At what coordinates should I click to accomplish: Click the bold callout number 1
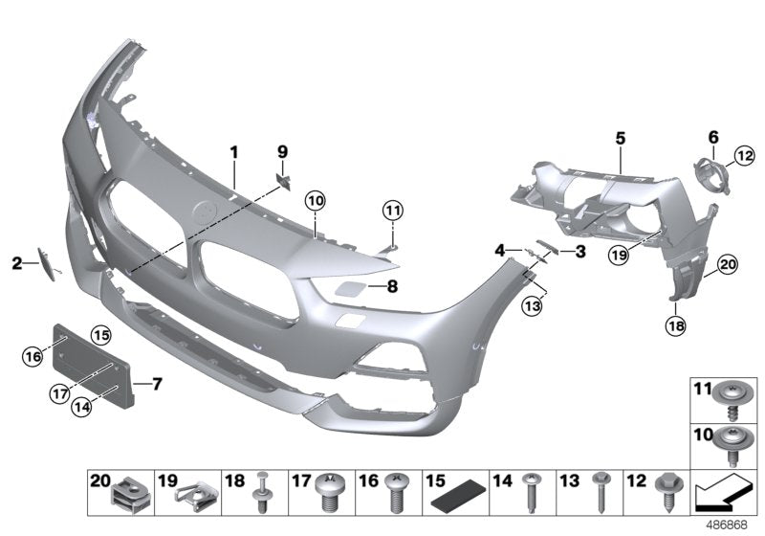coord(232,152)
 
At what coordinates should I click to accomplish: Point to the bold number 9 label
coord(282,152)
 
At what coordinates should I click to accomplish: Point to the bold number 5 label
coord(620,139)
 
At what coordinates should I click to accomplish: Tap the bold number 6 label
coord(712,137)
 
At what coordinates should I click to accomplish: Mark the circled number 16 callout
coord(33,357)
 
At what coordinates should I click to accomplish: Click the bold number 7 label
coord(158,384)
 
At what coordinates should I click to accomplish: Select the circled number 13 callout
coord(533,305)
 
